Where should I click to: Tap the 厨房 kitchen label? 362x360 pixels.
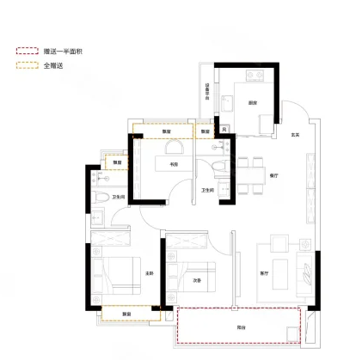click(254, 103)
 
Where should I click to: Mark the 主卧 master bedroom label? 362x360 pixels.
click(149, 274)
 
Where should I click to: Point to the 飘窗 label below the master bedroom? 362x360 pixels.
click(126, 313)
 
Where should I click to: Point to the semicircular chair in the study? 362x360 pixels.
click(172, 146)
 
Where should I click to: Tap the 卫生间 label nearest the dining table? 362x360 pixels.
click(206, 190)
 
